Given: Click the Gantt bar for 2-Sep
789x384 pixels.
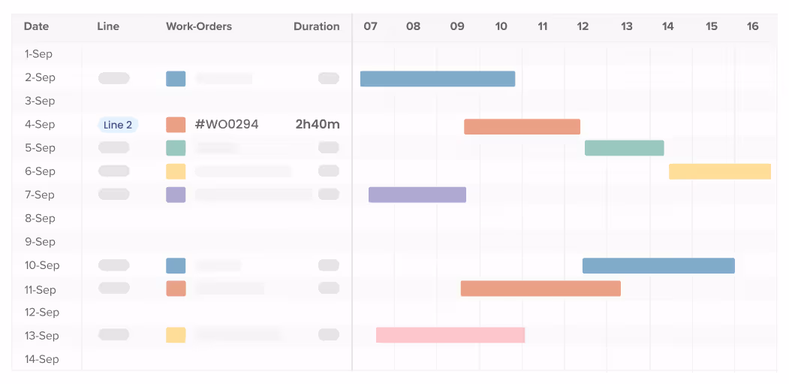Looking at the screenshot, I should tap(438, 79).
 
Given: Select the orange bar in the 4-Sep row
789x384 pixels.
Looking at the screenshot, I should tap(522, 126).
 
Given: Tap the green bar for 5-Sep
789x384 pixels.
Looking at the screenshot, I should tap(624, 148).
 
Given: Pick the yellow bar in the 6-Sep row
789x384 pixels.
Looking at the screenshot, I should tap(719, 171).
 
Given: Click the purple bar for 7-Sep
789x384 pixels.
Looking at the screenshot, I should tap(417, 195).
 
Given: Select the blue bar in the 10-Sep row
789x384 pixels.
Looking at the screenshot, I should tap(658, 265).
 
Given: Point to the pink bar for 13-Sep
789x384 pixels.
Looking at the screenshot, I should tap(450, 335).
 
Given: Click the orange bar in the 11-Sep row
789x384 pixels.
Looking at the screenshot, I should tap(541, 289).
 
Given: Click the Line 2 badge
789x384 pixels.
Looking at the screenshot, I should tap(118, 125).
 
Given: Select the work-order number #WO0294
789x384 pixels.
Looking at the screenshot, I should tap(227, 125).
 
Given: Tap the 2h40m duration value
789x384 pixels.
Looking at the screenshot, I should tap(317, 125).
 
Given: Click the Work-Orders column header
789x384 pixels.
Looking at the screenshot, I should tap(199, 26).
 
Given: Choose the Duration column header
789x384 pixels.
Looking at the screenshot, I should tap(316, 26).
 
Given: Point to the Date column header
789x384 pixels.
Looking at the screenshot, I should tap(36, 26).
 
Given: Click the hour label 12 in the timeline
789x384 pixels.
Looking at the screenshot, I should tap(583, 26).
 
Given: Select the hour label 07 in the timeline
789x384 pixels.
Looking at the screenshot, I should tap(370, 26).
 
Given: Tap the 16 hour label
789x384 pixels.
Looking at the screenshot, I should tap(752, 26).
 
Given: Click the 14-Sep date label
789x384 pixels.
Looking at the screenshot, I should tap(41, 359).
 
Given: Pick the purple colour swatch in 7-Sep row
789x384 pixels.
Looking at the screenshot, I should tap(176, 195).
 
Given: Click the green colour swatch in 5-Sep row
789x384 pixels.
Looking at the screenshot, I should tap(176, 148).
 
